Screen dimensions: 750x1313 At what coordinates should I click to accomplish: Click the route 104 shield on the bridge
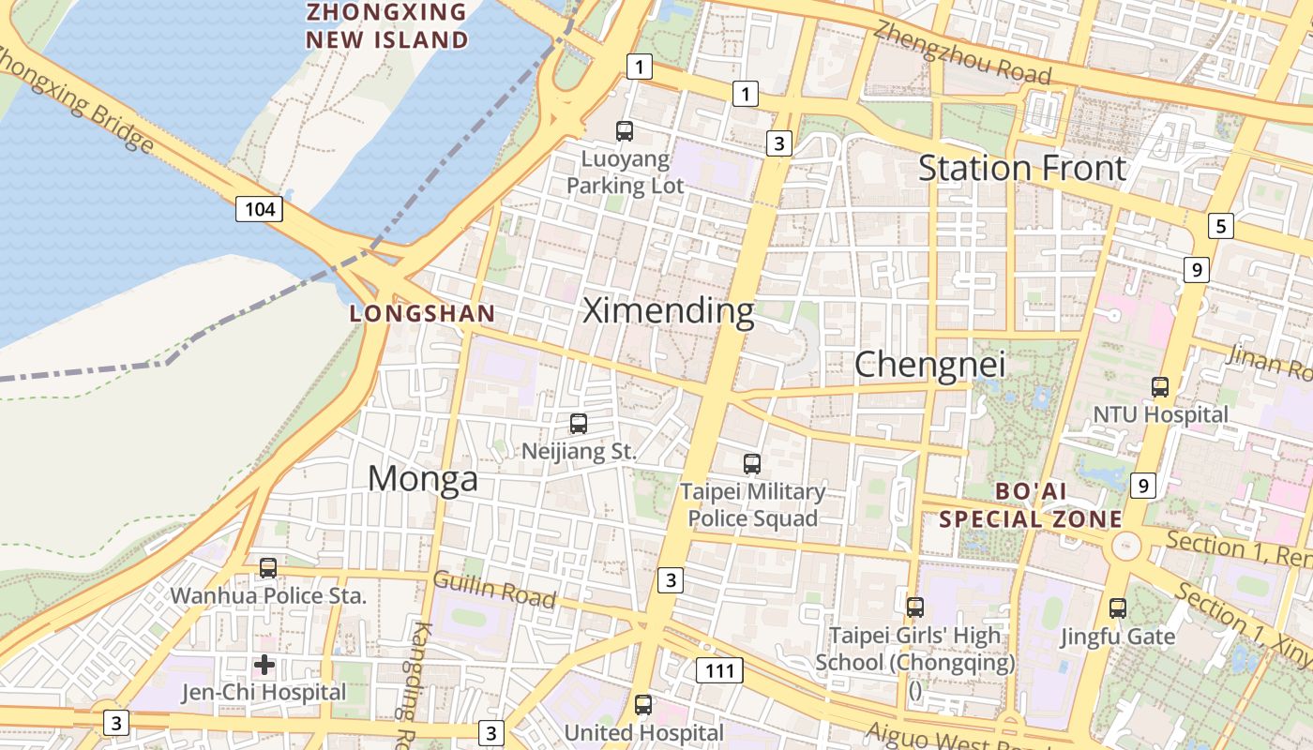(x=259, y=208)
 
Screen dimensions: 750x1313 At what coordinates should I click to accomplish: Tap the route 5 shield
(x=1220, y=226)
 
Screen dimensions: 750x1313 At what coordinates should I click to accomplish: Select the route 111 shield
(x=719, y=670)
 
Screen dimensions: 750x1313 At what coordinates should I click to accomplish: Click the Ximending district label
(x=669, y=310)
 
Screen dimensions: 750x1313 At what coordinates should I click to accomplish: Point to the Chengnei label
(x=929, y=364)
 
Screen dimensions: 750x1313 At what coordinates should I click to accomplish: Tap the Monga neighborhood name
(x=422, y=478)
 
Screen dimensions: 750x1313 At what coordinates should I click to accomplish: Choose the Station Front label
(x=1021, y=168)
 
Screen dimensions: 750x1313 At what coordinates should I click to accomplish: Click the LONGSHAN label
(x=422, y=314)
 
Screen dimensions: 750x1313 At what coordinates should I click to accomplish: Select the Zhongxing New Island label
(x=386, y=26)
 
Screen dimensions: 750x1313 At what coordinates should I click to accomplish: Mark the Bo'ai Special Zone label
(x=1031, y=504)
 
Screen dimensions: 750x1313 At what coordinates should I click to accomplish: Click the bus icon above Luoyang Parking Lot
(x=625, y=131)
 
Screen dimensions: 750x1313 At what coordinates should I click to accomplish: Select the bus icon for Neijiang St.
(x=579, y=424)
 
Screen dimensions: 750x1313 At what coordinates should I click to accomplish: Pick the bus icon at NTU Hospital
(x=1160, y=386)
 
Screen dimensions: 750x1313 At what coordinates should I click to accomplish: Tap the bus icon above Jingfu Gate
(x=1118, y=608)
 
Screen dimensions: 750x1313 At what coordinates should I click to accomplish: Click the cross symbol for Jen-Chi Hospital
(x=264, y=665)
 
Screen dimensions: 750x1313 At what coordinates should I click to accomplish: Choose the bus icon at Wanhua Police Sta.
(x=268, y=568)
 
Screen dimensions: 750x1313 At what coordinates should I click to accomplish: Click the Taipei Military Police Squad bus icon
(x=752, y=463)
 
